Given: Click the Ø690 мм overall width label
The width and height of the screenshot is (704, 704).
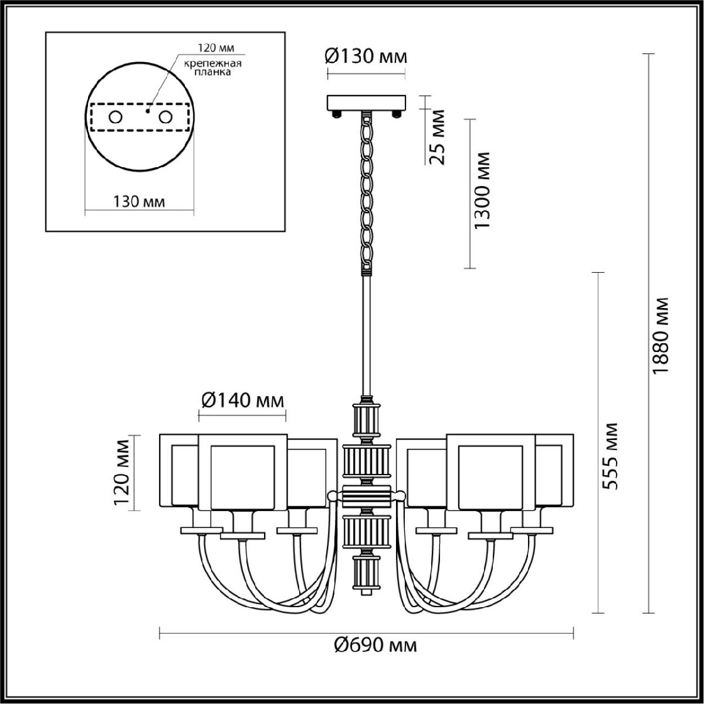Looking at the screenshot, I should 375,646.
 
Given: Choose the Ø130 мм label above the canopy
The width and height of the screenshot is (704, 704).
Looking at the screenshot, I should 365,57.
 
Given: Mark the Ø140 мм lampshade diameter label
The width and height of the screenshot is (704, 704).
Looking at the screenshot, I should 242,401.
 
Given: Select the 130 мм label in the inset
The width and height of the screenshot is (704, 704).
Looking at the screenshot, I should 139,201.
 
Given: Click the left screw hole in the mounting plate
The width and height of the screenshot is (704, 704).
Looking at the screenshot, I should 115,117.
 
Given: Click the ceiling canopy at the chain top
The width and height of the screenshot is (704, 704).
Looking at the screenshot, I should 366,103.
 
